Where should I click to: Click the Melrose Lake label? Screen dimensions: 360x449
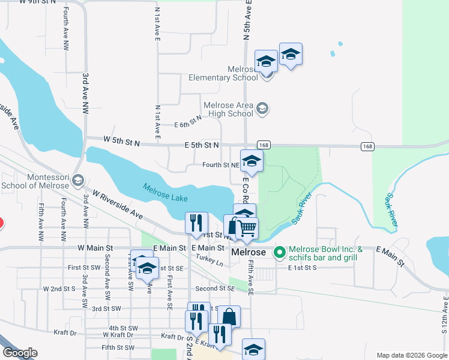165,193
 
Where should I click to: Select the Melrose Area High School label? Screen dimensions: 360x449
229,109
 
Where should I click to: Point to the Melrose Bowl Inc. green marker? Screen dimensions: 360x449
279,253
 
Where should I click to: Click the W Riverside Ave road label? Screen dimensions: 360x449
117,205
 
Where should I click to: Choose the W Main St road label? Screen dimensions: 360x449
95,248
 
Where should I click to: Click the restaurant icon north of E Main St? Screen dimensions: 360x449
196,223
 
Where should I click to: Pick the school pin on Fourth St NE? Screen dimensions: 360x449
252,161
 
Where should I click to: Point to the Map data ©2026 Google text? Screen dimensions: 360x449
411,355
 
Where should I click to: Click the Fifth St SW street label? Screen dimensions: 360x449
118,347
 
